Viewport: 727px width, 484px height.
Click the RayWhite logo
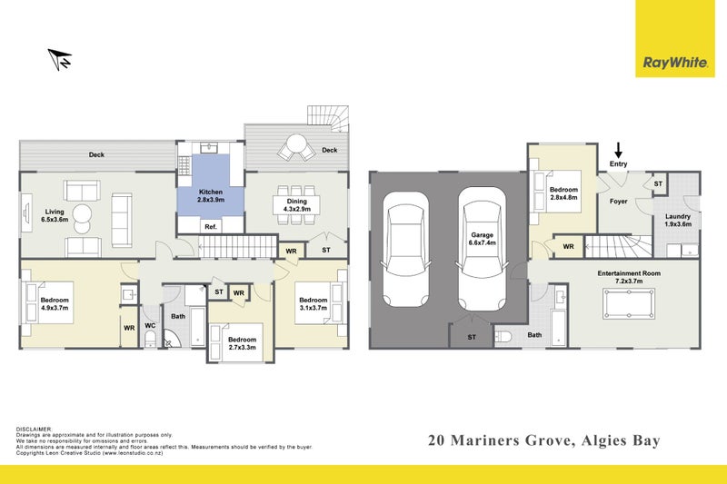675,63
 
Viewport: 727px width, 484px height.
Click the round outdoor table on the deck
296,145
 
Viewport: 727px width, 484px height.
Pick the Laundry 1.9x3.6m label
678,221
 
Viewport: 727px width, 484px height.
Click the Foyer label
618,202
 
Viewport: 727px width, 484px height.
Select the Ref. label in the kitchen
209,226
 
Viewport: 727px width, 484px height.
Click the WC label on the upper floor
151,323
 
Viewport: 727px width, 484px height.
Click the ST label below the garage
471,337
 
